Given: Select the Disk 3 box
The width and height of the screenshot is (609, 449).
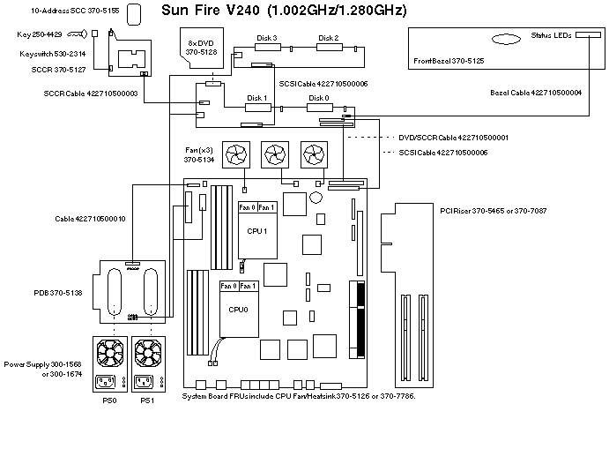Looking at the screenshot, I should coord(267,49).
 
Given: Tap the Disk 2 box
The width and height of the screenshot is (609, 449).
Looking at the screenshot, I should coord(329,49).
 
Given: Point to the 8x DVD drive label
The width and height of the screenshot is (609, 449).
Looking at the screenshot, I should coord(201,48).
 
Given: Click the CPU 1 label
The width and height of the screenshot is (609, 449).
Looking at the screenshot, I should coord(258,230).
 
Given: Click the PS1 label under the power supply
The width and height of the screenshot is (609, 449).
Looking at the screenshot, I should coord(147,400).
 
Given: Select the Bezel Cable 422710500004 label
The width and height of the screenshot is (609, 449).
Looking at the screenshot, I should coord(536,92).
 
